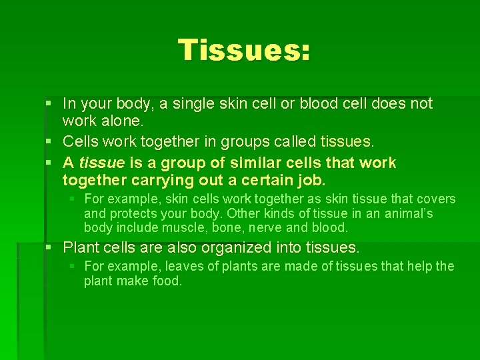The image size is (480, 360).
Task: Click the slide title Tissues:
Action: [x=244, y=50]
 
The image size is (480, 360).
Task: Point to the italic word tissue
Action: [x=101, y=163]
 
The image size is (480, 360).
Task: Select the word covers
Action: [x=435, y=199]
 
